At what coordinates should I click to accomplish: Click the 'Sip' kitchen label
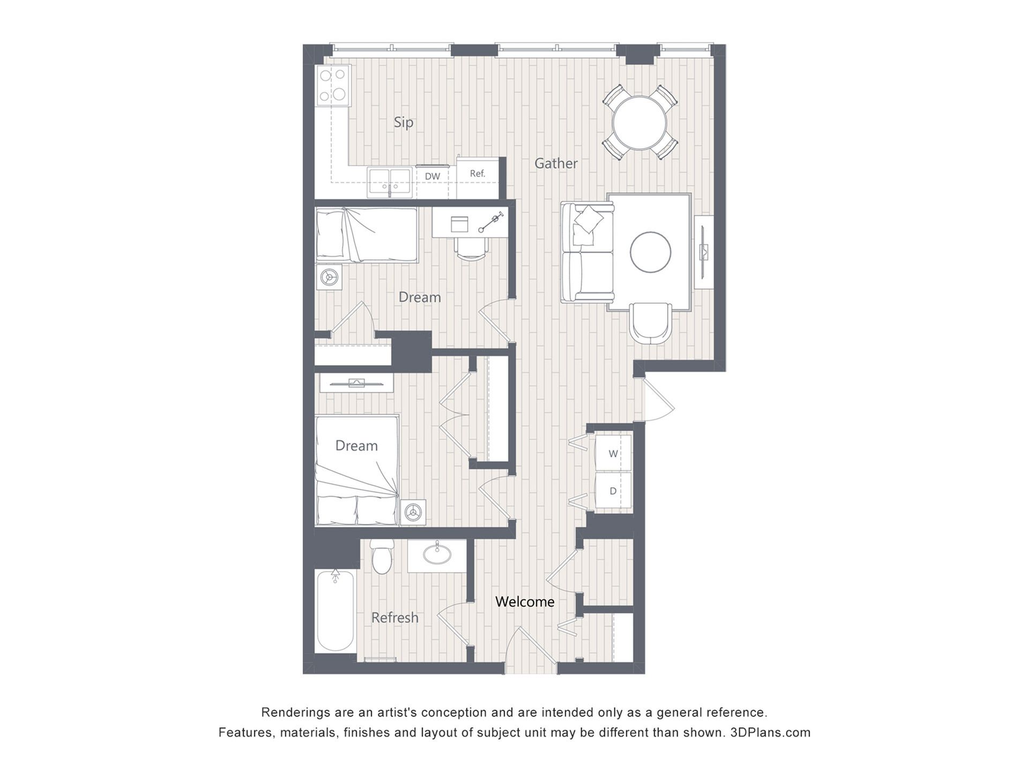(404, 123)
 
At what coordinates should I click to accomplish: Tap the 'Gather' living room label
(556, 163)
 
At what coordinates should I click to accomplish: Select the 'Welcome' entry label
(525, 602)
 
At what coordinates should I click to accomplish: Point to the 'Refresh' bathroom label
(395, 618)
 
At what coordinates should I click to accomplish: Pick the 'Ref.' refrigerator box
(478, 174)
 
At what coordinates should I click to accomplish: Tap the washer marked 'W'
(613, 454)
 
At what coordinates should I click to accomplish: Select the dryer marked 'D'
(613, 491)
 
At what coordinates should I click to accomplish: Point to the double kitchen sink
(390, 182)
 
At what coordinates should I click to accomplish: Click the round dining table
(640, 123)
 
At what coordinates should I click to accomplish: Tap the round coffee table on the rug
(651, 252)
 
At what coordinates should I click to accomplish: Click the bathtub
(335, 611)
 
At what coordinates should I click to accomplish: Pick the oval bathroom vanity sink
(436, 555)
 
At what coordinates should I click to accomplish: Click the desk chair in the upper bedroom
(472, 248)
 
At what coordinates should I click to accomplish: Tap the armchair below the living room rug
(650, 323)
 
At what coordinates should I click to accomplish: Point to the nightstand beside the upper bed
(329, 277)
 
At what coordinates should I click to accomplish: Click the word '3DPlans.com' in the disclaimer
(770, 732)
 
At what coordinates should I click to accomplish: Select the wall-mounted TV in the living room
(703, 251)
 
